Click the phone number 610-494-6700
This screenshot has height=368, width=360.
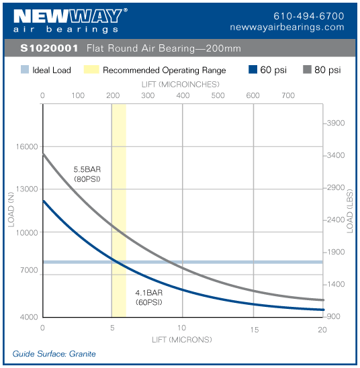coord(308,15)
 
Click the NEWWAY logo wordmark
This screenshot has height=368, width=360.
coord(66,15)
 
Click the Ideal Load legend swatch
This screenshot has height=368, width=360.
coord(24,70)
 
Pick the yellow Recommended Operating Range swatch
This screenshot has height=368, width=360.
coord(91,70)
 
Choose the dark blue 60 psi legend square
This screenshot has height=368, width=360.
coord(253,70)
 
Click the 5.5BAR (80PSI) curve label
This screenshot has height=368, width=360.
coord(87,174)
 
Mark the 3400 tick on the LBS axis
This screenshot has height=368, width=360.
coord(336,155)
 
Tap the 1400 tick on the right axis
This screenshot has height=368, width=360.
coord(336,285)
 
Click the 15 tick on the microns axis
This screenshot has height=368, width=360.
coord(254,329)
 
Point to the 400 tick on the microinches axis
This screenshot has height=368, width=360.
coord(183,95)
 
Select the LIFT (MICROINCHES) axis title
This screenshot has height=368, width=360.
coord(182,85)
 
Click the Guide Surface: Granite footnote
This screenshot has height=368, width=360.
coord(54,353)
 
